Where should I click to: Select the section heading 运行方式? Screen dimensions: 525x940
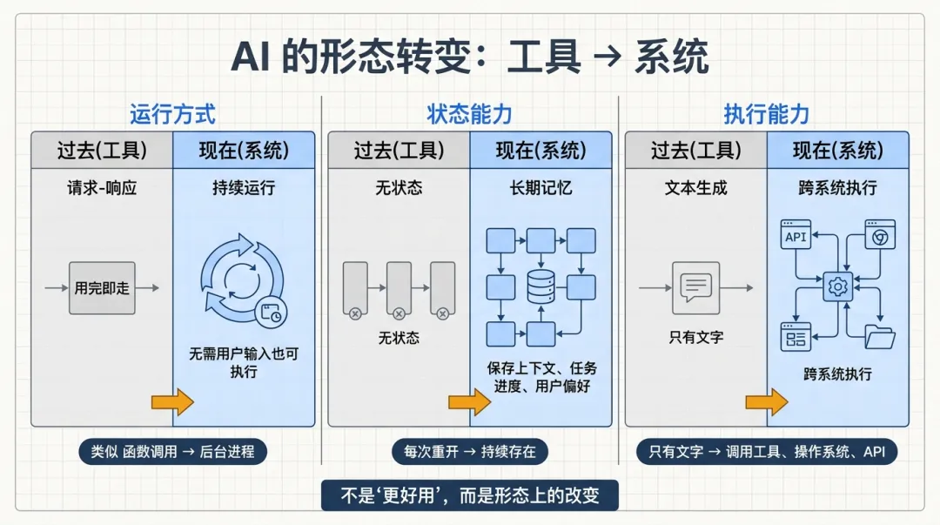pyautogui.click(x=172, y=114)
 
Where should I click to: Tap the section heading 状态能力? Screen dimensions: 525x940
pyautogui.click(x=469, y=114)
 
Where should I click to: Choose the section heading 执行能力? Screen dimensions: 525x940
pyautogui.click(x=766, y=114)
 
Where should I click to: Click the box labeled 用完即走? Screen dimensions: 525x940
pyautogui.click(x=102, y=287)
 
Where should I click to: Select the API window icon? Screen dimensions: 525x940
pyautogui.click(x=796, y=235)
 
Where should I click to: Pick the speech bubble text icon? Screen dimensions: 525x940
pyautogui.click(x=695, y=286)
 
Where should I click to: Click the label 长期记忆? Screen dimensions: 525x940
pyautogui.click(x=540, y=187)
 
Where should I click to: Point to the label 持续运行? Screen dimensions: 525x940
pyautogui.click(x=244, y=187)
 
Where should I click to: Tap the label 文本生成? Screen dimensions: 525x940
pyautogui.click(x=695, y=187)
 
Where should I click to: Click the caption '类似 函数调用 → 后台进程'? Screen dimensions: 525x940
pyautogui.click(x=172, y=452)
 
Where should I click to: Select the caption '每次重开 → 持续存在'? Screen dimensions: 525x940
pyautogui.click(x=469, y=452)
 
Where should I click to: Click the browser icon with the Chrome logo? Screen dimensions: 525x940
pyautogui.click(x=879, y=235)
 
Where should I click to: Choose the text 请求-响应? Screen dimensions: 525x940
pyautogui.click(x=102, y=187)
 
